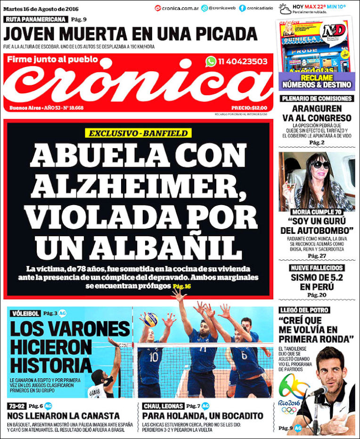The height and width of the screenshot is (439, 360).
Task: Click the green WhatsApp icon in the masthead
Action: pyautogui.click(x=211, y=61)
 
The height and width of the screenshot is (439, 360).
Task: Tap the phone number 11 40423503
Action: pyautogui.click(x=243, y=61)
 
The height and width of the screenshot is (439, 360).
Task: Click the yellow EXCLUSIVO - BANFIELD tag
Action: pyautogui.click(x=138, y=133)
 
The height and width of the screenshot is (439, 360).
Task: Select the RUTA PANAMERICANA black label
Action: pyautogui.click(x=36, y=19)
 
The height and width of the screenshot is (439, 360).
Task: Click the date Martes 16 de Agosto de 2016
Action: pyautogui.click(x=41, y=8)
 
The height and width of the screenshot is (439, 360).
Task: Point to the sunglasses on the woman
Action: pyautogui.click(x=320, y=164)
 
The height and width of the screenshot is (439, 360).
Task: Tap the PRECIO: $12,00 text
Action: pyautogui.click(x=252, y=107)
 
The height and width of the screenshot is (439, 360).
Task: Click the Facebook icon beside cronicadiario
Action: pyautogui.click(x=242, y=8)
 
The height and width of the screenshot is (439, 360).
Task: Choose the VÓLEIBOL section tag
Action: pyautogui.click(x=25, y=313)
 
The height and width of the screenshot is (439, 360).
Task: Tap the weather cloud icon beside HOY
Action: pyautogui.click(x=285, y=8)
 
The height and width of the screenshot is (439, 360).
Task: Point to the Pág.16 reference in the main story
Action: pyautogui.click(x=181, y=286)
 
